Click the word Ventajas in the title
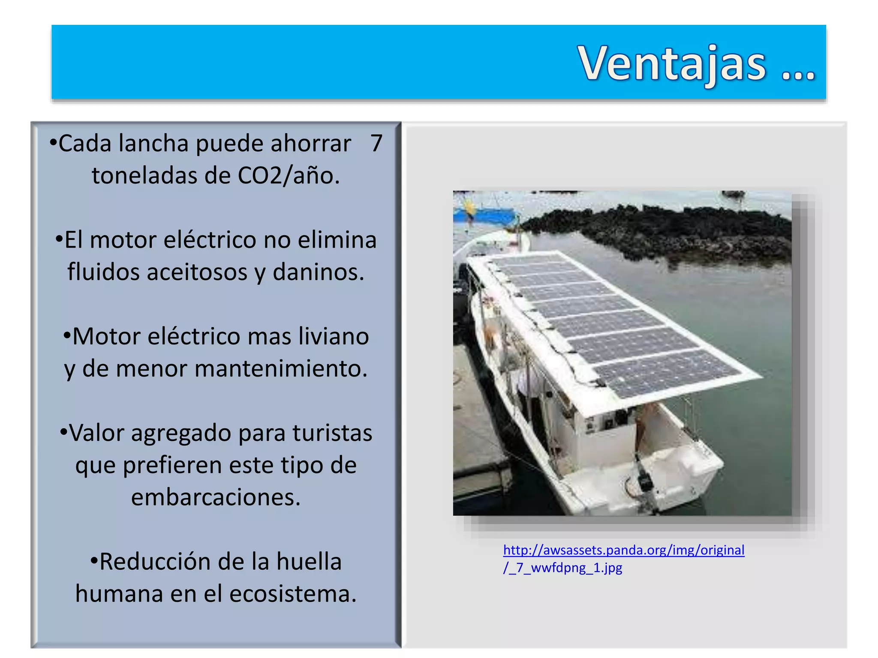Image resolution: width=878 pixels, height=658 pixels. pyautogui.click(x=672, y=64)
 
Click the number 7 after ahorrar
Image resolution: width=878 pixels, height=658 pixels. pyautogui.click(x=376, y=143)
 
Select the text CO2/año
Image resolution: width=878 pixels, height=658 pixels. pyautogui.click(x=289, y=176)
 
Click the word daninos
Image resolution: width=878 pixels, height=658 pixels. pyautogui.click(x=318, y=272)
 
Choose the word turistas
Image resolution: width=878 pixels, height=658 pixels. pyautogui.click(x=332, y=433)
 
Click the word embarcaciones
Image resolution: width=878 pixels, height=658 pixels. pyautogui.click(x=216, y=497)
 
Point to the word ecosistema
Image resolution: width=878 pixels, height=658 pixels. pyautogui.click(x=293, y=594)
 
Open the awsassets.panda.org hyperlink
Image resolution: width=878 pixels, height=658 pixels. pyautogui.click(x=623, y=550)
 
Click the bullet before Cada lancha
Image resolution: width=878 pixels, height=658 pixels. pyautogui.click(x=53, y=142)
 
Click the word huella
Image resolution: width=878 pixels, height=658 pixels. pyautogui.click(x=309, y=562)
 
